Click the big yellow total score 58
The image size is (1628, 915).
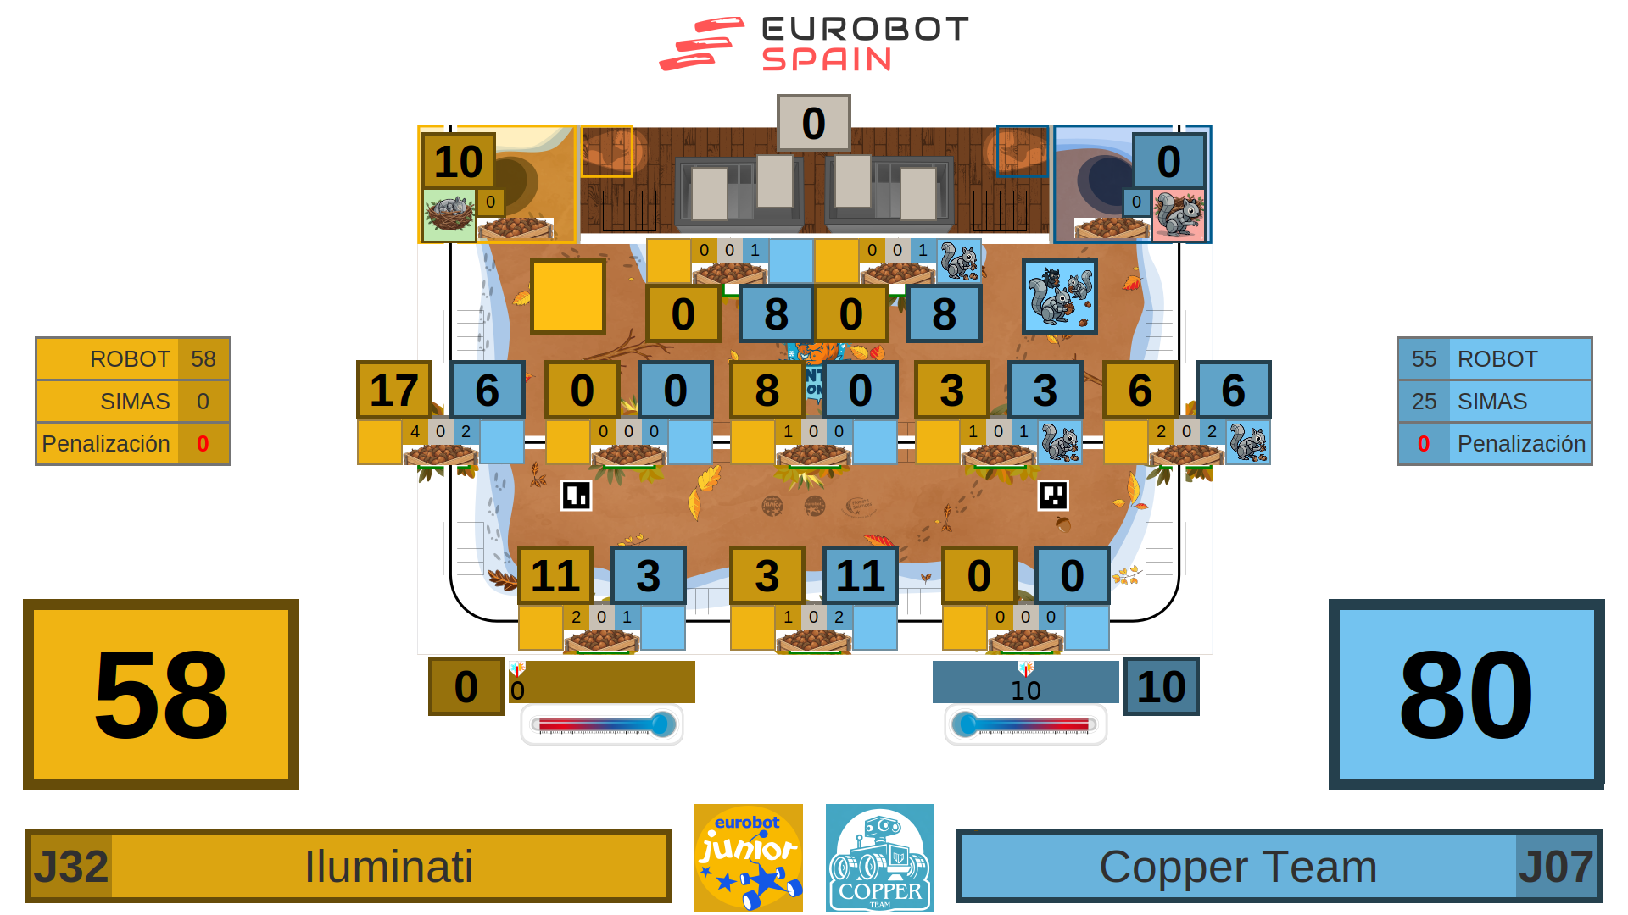(161, 695)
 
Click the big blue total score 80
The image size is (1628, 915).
(1466, 695)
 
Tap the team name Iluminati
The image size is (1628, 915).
(388, 867)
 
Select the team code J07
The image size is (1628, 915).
(1556, 867)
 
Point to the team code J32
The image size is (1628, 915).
(71, 867)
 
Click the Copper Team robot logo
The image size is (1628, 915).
(879, 857)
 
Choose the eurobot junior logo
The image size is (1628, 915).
(748, 857)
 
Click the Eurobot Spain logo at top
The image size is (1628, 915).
(814, 44)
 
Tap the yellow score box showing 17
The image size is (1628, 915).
(394, 390)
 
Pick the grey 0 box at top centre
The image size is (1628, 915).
(813, 123)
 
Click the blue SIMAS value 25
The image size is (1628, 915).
(1424, 402)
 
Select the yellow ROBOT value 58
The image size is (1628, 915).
(203, 359)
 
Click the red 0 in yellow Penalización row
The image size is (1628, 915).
(203, 444)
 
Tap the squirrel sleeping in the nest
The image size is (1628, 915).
(449, 214)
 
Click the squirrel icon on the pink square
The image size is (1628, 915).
(1179, 214)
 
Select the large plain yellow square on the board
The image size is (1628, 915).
(568, 297)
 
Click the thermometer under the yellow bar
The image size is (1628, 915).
(602, 724)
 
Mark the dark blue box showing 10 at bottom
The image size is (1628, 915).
(1161, 686)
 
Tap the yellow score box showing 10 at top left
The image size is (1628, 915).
(458, 161)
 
